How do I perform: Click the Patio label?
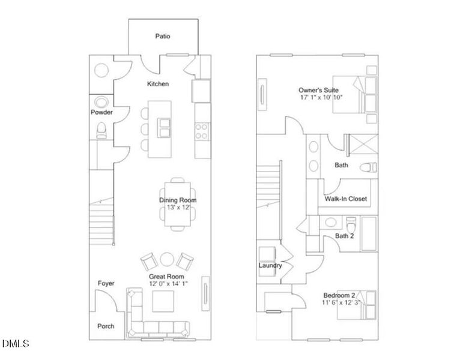click(163, 36)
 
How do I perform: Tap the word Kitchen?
click(158, 84)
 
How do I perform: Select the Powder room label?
click(101, 112)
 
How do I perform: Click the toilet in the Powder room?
click(102, 129)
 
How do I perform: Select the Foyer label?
click(106, 283)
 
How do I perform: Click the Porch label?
click(106, 326)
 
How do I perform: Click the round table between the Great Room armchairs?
click(166, 260)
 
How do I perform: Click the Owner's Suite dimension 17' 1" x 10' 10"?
click(321, 97)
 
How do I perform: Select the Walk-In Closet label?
click(345, 199)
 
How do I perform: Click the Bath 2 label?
click(344, 236)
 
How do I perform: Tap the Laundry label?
click(270, 265)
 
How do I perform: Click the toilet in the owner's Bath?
click(366, 167)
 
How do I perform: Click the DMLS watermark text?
click(16, 344)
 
